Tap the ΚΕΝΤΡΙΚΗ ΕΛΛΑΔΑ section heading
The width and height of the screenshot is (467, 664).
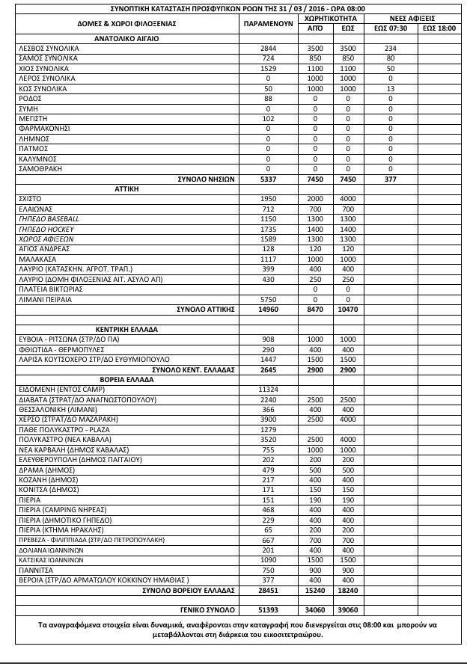coord(126,329)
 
